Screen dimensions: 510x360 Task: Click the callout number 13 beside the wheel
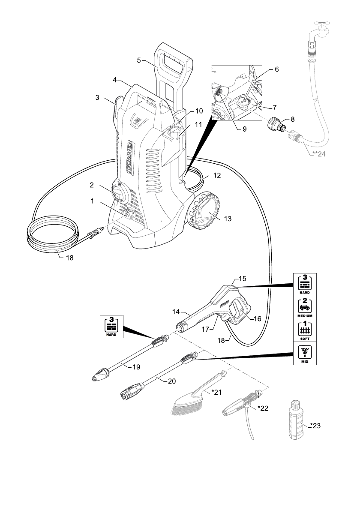227,219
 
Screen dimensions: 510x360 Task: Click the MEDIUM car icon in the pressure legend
305,307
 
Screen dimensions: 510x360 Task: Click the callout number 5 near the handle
139,60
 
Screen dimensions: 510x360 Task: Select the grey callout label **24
319,155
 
